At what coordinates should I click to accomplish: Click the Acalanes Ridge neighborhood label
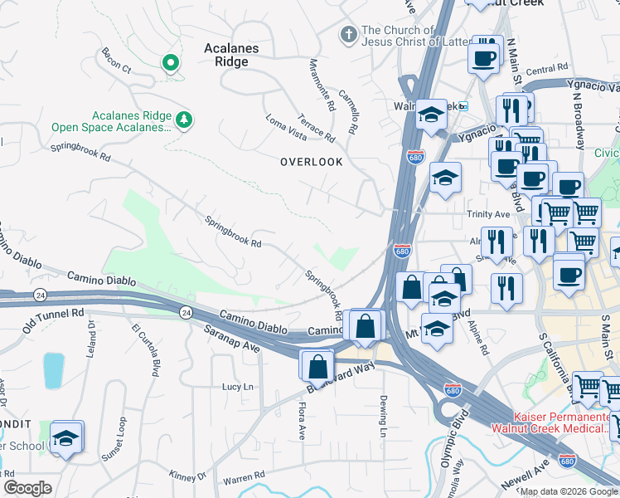231,55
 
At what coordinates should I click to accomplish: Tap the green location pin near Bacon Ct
171,63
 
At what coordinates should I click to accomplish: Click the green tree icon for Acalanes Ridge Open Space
184,121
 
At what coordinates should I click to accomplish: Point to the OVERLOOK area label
311,163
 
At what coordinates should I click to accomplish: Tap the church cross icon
349,36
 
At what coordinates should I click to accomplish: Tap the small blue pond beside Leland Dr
53,370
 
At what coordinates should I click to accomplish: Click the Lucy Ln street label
237,387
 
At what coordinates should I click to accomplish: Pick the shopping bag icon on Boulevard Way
317,365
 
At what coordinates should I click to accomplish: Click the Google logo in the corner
27,488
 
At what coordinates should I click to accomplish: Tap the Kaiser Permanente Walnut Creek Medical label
561,422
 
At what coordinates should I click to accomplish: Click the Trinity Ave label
487,214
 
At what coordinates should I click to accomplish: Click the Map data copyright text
569,491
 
